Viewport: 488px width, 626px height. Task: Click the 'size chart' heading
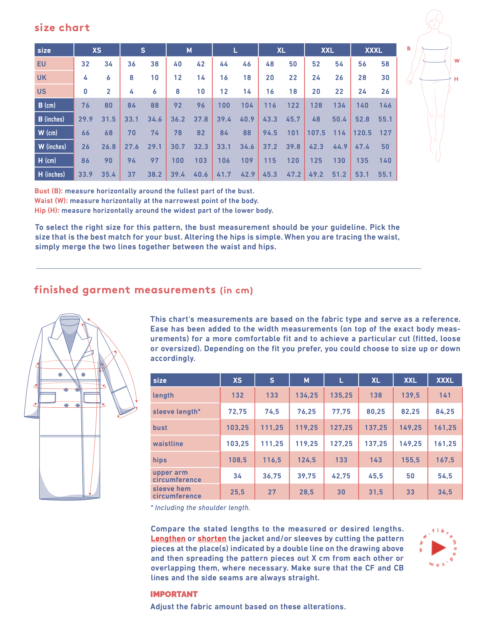tap(62, 28)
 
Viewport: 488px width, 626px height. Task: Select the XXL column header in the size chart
tap(327, 50)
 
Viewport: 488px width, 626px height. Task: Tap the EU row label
tap(42, 64)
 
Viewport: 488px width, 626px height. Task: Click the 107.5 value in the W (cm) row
tap(316, 133)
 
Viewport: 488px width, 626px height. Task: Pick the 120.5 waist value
tap(362, 133)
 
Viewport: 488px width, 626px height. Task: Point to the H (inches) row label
tap(52, 174)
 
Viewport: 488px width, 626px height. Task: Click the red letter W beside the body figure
tap(457, 61)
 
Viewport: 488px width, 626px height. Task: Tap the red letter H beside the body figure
tap(456, 79)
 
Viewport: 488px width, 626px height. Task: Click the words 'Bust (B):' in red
tap(48, 191)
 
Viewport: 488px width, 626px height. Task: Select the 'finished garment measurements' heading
tap(125, 290)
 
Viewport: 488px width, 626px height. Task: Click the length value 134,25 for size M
tap(307, 395)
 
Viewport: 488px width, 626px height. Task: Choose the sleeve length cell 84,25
tap(445, 411)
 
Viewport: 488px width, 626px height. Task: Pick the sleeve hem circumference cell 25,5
tap(237, 492)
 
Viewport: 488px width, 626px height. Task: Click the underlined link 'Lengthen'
tap(168, 539)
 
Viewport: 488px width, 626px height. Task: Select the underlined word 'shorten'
tap(212, 539)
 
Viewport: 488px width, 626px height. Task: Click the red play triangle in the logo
tap(438, 547)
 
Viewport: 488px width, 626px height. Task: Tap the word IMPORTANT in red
tap(174, 594)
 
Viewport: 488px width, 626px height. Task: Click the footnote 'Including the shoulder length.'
tap(202, 508)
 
